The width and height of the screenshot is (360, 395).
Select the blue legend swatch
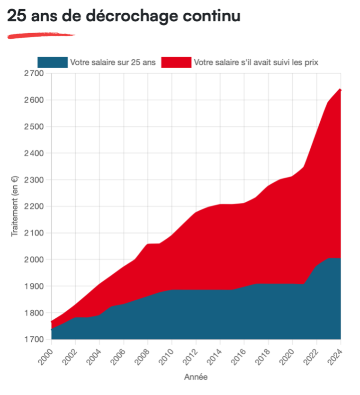coord(52,62)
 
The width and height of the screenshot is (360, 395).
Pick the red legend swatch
coord(176,62)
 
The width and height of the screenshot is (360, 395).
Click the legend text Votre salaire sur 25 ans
coord(113,62)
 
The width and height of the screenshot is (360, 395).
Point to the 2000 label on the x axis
coord(45,354)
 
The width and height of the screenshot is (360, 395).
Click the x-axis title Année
coord(196,377)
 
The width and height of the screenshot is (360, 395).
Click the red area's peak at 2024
coord(341,89)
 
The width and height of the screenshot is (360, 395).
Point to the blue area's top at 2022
coord(317,267)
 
